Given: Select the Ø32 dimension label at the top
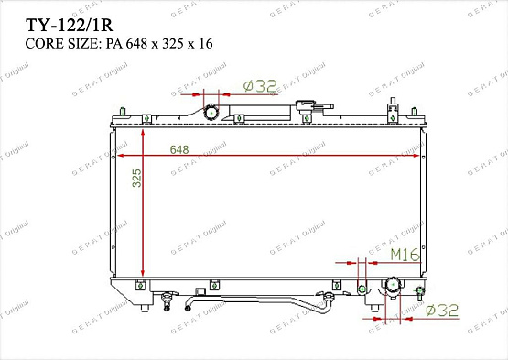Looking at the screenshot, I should tap(260, 85).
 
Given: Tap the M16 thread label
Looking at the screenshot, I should tap(405, 254).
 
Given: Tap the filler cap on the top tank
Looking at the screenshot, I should tap(307, 109).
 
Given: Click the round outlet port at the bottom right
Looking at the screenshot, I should tap(395, 288).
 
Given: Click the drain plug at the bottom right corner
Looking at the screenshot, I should tap(420, 294).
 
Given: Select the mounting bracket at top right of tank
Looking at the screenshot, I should tap(393, 110).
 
